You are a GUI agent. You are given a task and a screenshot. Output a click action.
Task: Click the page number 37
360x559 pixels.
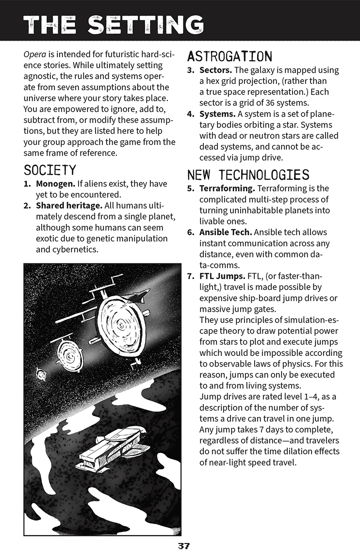(x=183, y=546)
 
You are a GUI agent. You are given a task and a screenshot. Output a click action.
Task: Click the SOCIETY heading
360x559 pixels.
(x=50, y=170)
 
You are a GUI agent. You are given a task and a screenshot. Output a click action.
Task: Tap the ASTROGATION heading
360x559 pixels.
(x=229, y=56)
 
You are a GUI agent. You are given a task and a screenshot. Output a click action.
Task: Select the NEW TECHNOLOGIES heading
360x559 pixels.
(x=248, y=175)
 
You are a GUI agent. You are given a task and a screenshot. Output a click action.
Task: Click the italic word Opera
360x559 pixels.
(x=34, y=54)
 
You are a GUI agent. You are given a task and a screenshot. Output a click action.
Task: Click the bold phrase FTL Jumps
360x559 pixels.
(x=222, y=276)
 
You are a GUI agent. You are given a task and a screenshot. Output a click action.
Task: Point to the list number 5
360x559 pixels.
(x=191, y=189)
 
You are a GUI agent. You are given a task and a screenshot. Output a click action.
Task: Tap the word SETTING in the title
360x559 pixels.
(x=146, y=24)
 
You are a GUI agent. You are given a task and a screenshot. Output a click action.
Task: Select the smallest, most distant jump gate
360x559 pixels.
(x=41, y=374)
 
